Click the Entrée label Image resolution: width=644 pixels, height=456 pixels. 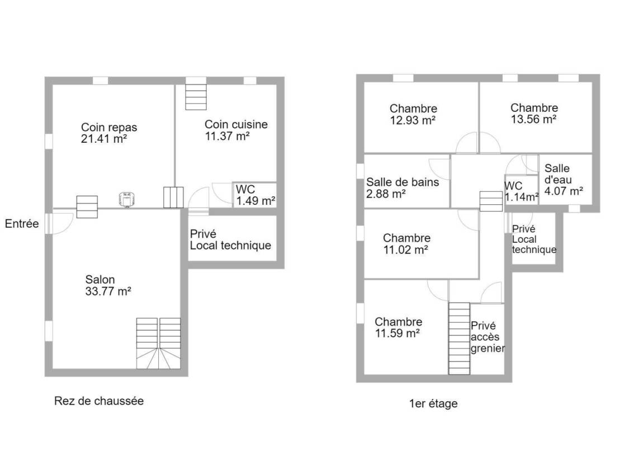pyautogui.click(x=22, y=224)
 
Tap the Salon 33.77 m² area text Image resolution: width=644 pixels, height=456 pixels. pyautogui.click(x=108, y=285)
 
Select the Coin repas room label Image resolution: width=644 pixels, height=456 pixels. pyautogui.click(x=109, y=128)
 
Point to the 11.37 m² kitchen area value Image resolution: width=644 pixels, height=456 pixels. pyautogui.click(x=227, y=136)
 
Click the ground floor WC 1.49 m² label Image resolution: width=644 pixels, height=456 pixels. pyautogui.click(x=255, y=195)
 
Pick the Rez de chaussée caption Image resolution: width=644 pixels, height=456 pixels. pyautogui.click(x=99, y=401)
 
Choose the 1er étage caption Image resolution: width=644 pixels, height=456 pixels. pyautogui.click(x=433, y=404)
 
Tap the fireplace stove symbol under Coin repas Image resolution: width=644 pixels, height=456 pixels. pyautogui.click(x=127, y=199)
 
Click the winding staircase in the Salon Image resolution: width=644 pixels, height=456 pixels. pyautogui.click(x=159, y=344)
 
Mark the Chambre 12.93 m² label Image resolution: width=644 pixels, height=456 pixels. pyautogui.click(x=413, y=114)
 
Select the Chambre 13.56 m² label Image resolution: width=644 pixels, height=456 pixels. pyautogui.click(x=534, y=114)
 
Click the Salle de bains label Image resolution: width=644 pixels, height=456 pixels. pyautogui.click(x=402, y=182)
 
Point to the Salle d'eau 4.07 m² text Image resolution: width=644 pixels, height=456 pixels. pyautogui.click(x=563, y=180)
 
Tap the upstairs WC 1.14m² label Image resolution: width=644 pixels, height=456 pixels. pyautogui.click(x=521, y=191)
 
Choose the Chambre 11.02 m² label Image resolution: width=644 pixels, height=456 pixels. pyautogui.click(x=406, y=244)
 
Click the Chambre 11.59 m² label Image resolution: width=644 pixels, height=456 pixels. pyautogui.click(x=399, y=327)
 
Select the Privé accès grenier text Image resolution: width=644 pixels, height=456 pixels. pyautogui.click(x=487, y=337)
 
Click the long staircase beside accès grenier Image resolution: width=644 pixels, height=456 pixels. pyautogui.click(x=459, y=339)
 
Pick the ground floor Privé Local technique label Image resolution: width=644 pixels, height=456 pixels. pyautogui.click(x=230, y=239)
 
